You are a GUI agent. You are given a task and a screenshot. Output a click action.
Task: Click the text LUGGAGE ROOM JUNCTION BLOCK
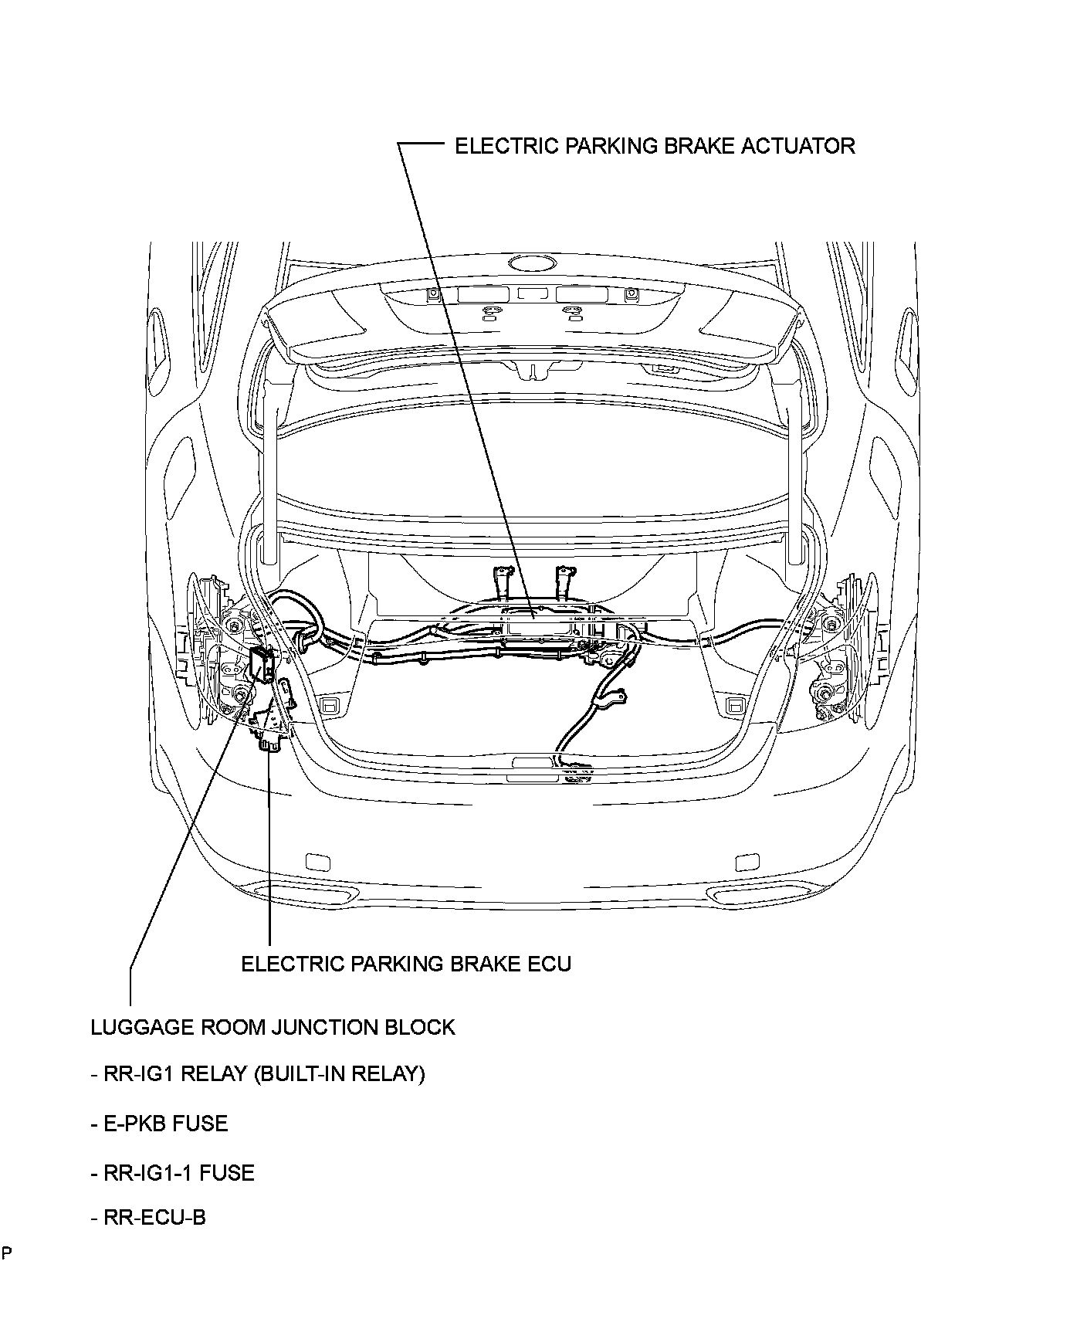[273, 1027]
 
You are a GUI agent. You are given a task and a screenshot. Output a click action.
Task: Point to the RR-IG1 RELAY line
[258, 1074]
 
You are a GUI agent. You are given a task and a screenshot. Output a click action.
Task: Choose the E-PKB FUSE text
[160, 1124]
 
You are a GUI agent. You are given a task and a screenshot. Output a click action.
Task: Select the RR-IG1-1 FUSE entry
[173, 1173]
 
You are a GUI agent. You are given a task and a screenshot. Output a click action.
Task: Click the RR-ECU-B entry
[149, 1219]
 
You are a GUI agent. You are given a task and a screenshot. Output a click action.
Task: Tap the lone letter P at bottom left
[5, 1253]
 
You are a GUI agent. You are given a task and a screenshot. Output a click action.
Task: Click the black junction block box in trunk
[262, 665]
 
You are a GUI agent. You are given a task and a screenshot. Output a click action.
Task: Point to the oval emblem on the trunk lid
[533, 263]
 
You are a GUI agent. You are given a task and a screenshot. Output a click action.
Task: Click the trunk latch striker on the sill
[532, 763]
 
